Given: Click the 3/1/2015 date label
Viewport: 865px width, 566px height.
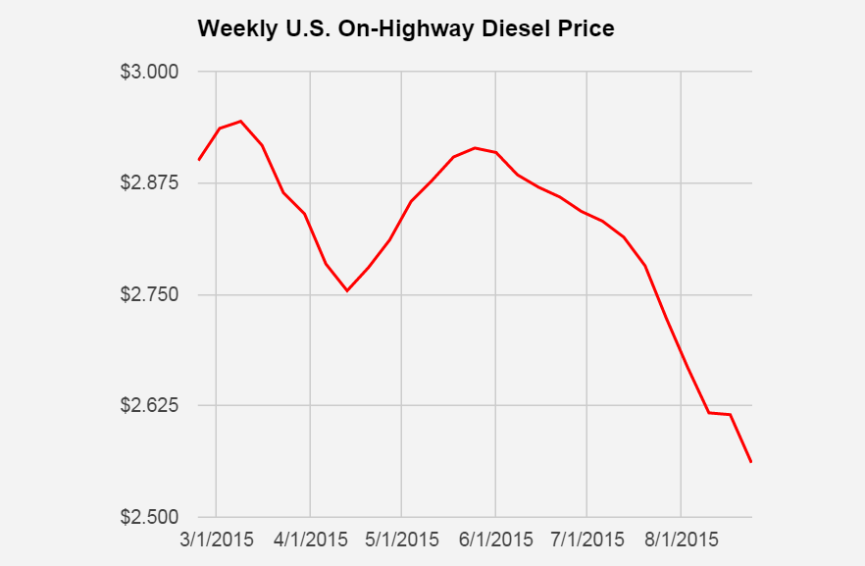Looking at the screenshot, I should (217, 540).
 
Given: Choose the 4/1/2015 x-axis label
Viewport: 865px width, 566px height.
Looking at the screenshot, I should (310, 540).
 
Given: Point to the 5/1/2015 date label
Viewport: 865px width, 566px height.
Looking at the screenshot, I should (402, 540).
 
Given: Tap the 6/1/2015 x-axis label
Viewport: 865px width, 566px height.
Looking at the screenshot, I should (495, 540).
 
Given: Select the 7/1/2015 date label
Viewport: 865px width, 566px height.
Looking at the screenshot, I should (586, 540).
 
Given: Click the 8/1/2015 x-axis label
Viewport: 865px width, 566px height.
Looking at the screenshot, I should (680, 540).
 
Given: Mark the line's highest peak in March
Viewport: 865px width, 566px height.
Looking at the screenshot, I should (240, 122).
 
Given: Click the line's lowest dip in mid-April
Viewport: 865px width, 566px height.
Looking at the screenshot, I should (347, 290).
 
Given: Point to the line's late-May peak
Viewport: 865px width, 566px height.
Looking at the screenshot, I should (475, 148).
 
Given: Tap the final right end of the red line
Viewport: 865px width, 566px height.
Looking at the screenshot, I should (750, 462).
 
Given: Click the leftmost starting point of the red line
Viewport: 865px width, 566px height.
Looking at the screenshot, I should (199, 160).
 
